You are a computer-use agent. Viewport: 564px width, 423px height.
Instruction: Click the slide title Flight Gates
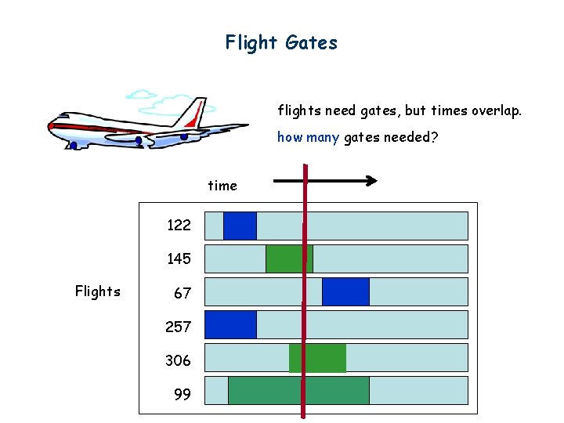pyautogui.click(x=281, y=42)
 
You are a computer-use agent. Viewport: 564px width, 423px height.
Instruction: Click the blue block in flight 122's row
pyautogui.click(x=240, y=226)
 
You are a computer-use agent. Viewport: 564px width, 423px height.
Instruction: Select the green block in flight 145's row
pyautogui.click(x=288, y=258)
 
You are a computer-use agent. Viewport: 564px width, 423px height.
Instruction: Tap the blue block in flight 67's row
pyautogui.click(x=345, y=291)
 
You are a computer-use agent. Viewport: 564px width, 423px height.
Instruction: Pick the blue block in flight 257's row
pyautogui.click(x=230, y=324)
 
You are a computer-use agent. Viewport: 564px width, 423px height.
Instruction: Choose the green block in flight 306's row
pyautogui.click(x=317, y=358)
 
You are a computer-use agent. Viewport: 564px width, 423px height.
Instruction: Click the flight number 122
pyautogui.click(x=179, y=226)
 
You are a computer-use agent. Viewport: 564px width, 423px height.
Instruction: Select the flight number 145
pyautogui.click(x=179, y=258)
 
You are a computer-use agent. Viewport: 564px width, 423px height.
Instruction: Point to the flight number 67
pyautogui.click(x=182, y=294)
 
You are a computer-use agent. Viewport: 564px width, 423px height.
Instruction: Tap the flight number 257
pyautogui.click(x=179, y=327)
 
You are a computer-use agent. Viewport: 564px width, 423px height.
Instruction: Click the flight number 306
pyautogui.click(x=178, y=360)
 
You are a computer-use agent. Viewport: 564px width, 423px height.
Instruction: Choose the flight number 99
pyautogui.click(x=182, y=395)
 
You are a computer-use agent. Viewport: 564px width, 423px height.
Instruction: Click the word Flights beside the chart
pyautogui.click(x=98, y=291)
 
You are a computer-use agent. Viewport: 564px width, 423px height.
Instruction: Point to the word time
pyautogui.click(x=222, y=186)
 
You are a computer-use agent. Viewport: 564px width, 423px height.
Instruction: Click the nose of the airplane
pyautogui.click(x=50, y=125)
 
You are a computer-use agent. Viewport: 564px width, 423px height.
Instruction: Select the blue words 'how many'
pyautogui.click(x=308, y=138)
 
